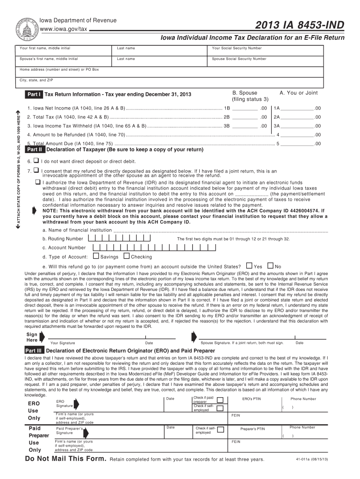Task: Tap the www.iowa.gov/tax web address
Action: click(x=63, y=29)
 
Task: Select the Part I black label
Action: click(x=34, y=94)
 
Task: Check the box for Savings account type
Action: click(x=96, y=256)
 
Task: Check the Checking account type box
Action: click(x=126, y=256)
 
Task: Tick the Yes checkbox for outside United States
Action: click(x=249, y=266)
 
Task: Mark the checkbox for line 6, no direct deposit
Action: click(x=37, y=161)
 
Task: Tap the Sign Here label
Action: click(x=32, y=337)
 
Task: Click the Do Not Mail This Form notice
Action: click(x=65, y=458)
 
